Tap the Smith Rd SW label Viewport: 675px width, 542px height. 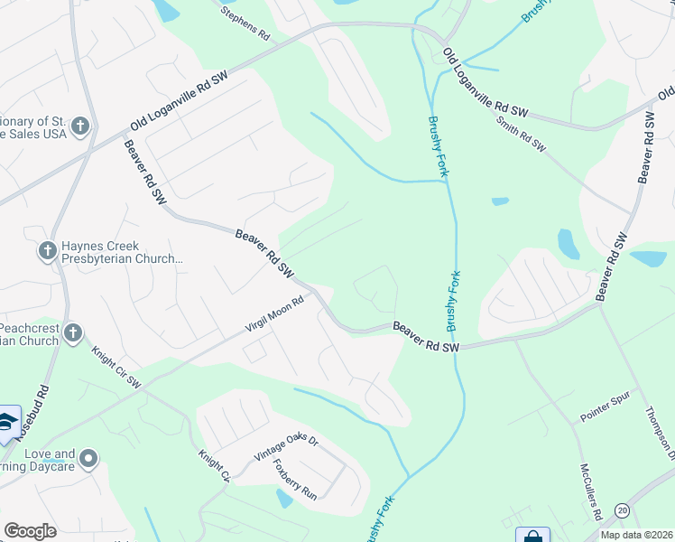click(x=522, y=132)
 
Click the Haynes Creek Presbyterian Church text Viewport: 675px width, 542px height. click(x=122, y=252)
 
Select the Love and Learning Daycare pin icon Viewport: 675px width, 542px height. click(x=88, y=460)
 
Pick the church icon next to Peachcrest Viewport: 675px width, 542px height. click(x=74, y=334)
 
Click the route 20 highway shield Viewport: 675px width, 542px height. click(x=623, y=511)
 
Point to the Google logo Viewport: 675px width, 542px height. click(x=30, y=530)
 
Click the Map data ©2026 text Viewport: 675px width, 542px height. click(x=636, y=535)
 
